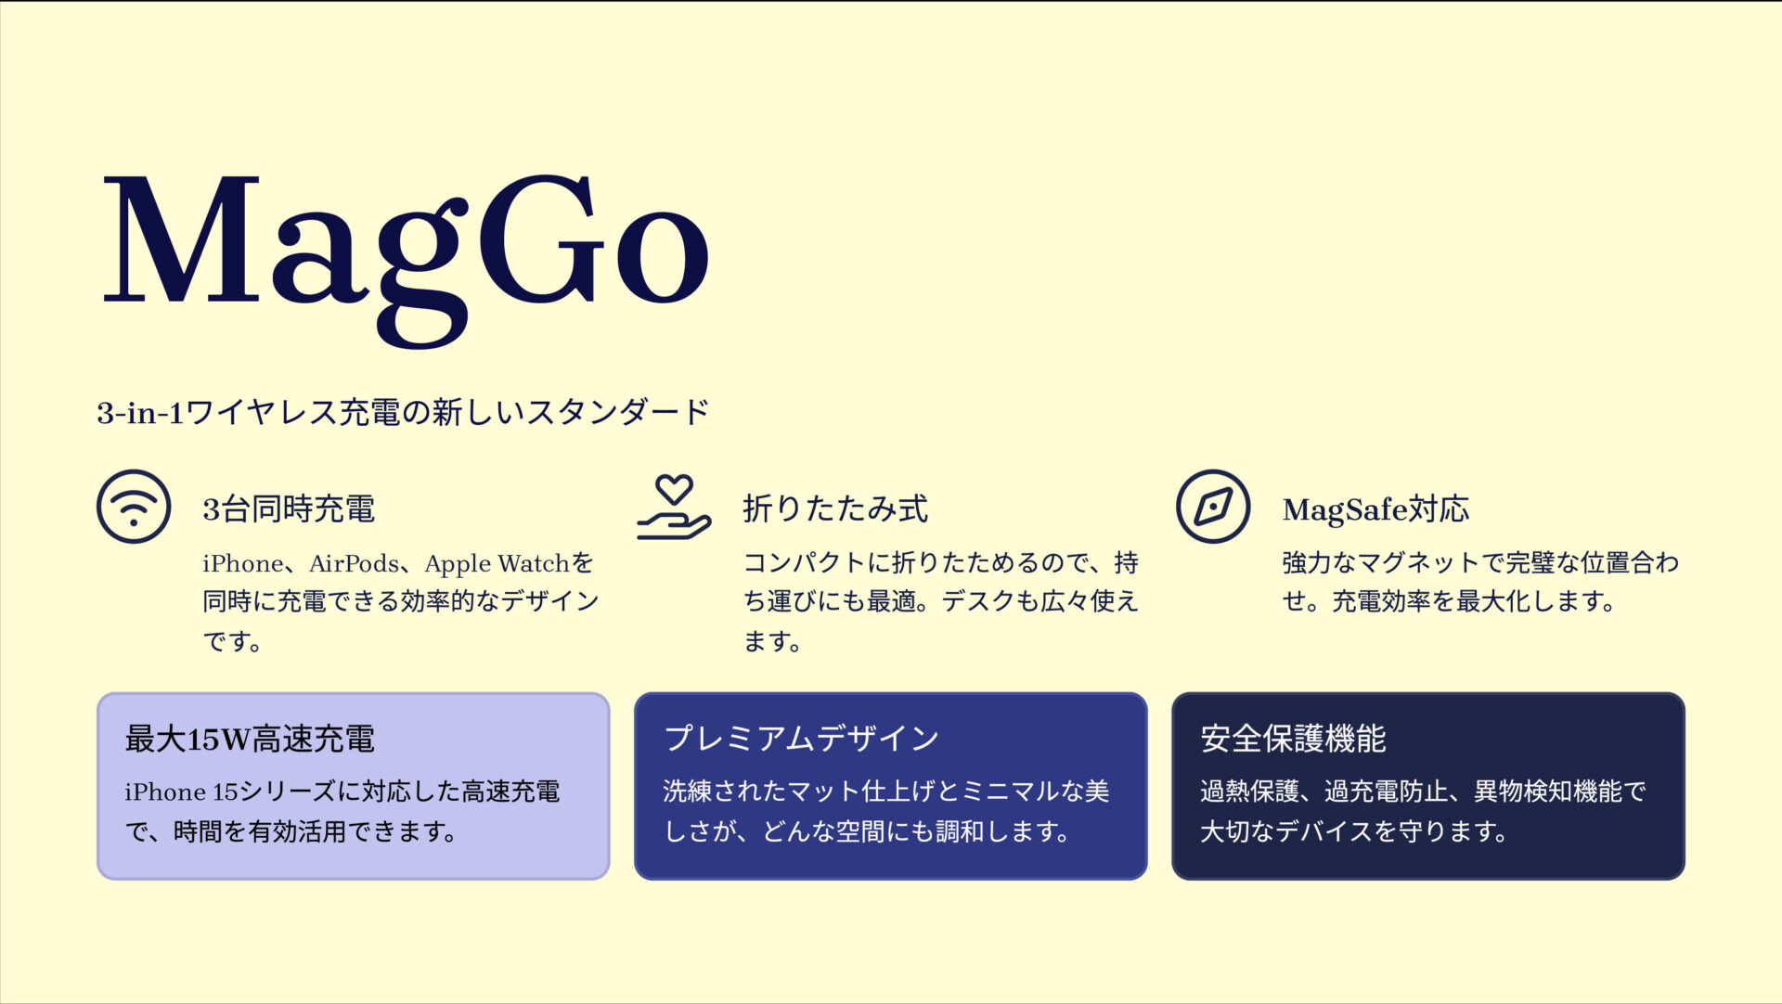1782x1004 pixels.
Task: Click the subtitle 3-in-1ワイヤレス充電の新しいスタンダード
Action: (403, 412)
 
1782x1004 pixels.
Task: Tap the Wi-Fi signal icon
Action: (134, 507)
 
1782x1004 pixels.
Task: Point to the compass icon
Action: (1213, 507)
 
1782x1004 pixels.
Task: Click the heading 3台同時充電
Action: (289, 509)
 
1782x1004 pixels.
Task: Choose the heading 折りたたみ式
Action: (834, 509)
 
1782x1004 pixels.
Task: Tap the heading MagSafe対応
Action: (1375, 509)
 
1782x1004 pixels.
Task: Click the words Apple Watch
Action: (497, 563)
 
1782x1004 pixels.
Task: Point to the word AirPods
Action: (353, 563)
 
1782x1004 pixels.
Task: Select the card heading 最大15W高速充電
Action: (250, 740)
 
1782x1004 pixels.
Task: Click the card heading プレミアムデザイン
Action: (801, 739)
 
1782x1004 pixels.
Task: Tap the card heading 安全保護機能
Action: (1293, 739)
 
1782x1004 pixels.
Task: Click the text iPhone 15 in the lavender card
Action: (182, 792)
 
